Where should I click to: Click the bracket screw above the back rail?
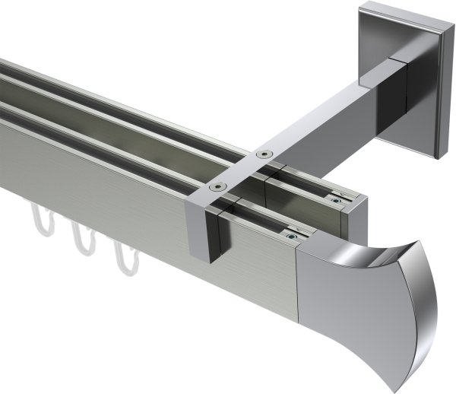[264, 154]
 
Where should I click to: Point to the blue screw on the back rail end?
[335, 200]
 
